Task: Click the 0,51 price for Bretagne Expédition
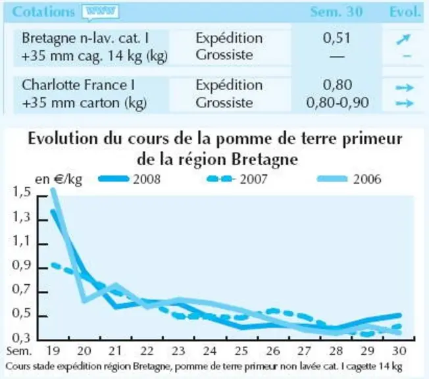point(336,38)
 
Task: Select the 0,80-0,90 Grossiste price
point(338,103)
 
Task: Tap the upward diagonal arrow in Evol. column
point(403,39)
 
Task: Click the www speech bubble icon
point(101,13)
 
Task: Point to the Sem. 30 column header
point(336,12)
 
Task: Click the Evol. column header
point(405,12)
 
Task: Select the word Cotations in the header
point(43,12)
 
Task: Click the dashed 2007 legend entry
point(237,179)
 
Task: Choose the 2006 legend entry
point(349,179)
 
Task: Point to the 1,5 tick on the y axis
point(22,192)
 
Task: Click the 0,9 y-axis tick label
point(21,265)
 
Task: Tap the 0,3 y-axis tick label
point(21,338)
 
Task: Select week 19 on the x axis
point(53,351)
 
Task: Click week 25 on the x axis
point(241,351)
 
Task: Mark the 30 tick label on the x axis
point(399,351)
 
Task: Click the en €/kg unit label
point(59,180)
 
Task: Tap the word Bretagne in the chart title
point(265,159)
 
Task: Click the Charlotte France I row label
point(78,85)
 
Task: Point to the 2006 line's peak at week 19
point(52,189)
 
